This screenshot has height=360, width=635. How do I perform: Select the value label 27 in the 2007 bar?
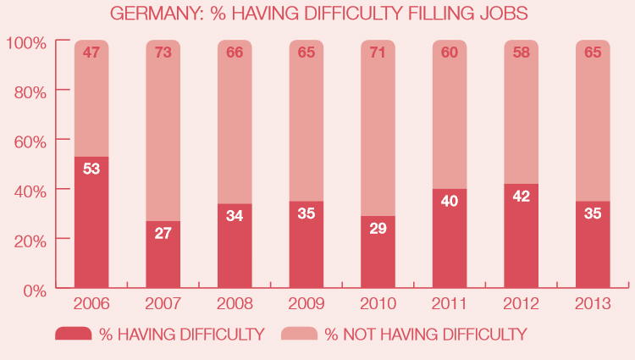click(163, 232)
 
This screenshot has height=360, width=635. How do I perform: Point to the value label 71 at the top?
click(378, 53)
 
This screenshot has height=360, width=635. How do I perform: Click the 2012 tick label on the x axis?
click(522, 303)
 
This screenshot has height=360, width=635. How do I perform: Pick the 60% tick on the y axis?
click(28, 140)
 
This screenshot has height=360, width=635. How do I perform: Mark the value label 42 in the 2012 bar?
click(522, 197)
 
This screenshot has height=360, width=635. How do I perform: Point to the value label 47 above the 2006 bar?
click(91, 53)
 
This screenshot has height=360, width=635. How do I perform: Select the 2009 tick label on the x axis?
click(306, 303)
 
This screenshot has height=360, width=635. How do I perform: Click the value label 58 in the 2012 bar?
click(522, 53)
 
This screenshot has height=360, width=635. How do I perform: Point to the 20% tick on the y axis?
click(28, 240)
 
